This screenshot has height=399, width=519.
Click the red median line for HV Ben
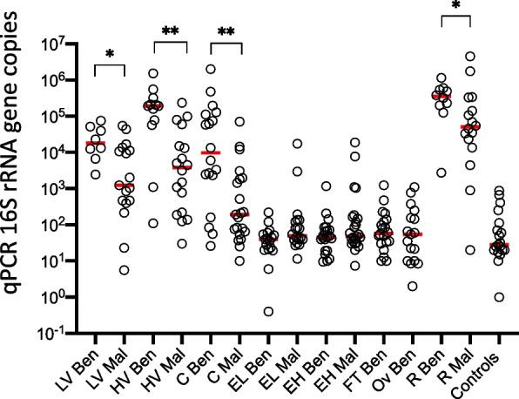[153, 105]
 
